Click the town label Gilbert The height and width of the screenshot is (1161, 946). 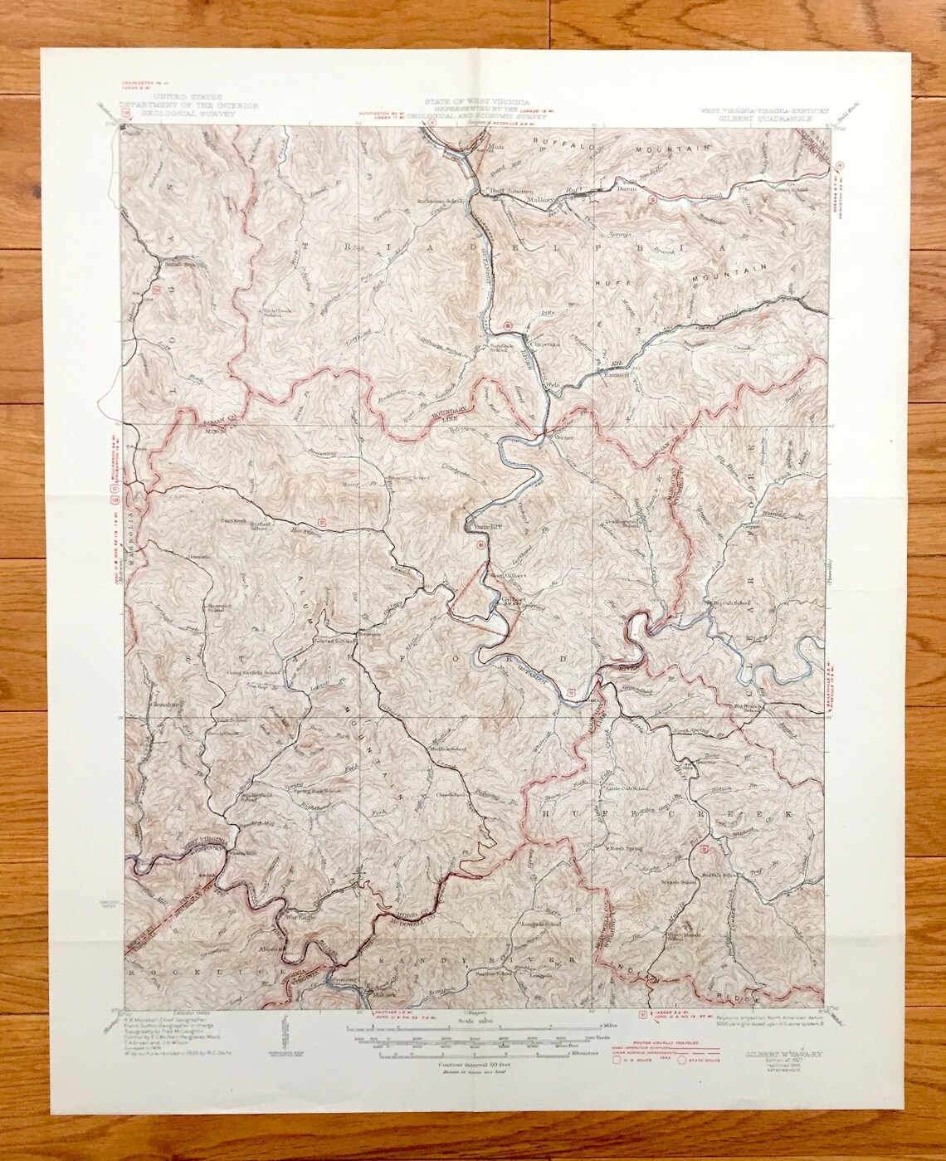click(x=514, y=598)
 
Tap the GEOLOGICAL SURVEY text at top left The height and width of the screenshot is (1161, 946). click(x=189, y=118)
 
